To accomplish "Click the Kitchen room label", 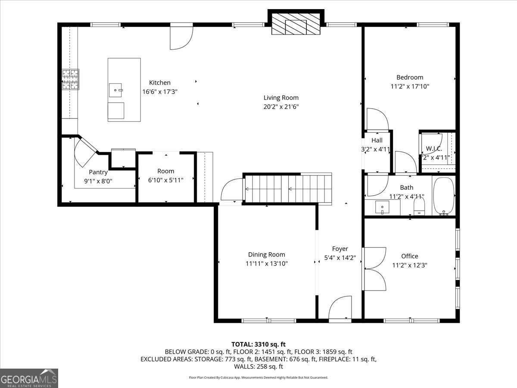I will tap(160, 82).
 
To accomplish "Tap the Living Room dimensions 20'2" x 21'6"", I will tap(281, 106).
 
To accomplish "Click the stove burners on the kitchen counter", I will tap(71, 79).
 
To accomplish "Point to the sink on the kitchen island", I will tap(116, 91).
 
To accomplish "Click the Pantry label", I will tap(98, 172).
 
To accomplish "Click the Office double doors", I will tap(374, 269).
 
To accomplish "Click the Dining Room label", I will tap(266, 254).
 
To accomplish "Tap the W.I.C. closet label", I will tap(434, 149).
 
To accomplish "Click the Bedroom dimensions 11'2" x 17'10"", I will tap(410, 86).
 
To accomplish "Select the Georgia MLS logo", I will tap(29, 378).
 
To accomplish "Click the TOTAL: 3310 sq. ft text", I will tap(258, 344).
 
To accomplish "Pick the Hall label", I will tap(377, 140).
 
